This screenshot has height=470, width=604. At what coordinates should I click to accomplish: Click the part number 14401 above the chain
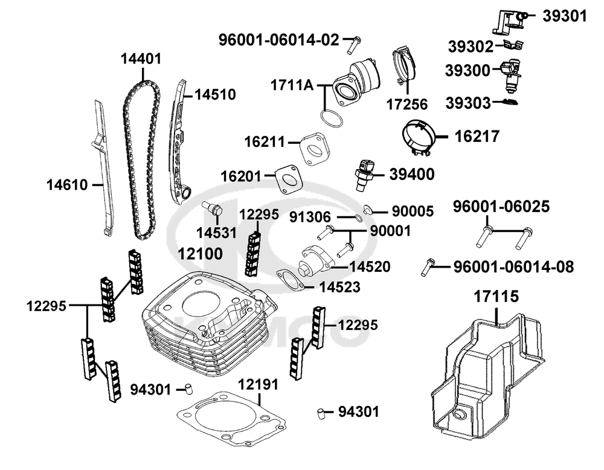coord(141,59)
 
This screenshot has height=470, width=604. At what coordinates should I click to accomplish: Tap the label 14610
coord(67,185)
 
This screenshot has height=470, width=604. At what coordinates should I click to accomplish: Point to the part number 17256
coord(407,105)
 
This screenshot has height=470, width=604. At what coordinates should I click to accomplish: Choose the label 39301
coord(565,16)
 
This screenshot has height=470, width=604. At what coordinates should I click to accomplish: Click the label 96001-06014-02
coord(278,40)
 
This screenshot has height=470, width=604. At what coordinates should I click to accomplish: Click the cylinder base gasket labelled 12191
coord(230,418)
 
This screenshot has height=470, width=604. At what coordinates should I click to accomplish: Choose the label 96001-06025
coord(501,207)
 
